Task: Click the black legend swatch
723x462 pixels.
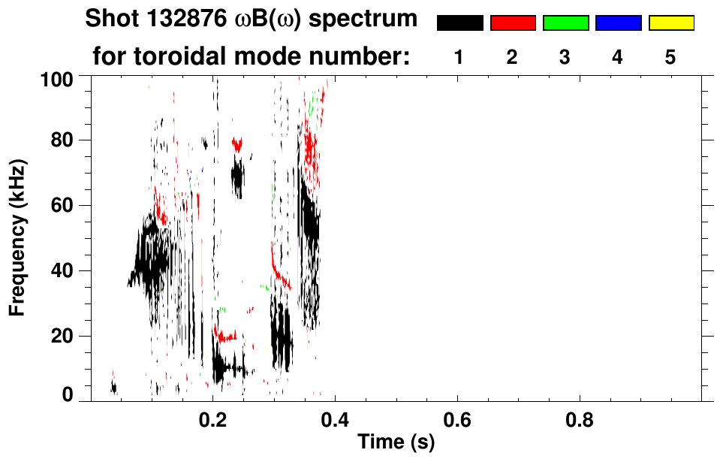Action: click(x=459, y=23)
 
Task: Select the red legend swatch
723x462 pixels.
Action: click(x=513, y=23)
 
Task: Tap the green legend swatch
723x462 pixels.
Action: click(x=565, y=23)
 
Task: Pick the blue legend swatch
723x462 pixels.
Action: click(x=618, y=23)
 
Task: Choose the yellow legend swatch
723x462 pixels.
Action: click(x=670, y=23)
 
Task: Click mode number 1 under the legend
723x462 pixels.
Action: click(x=459, y=58)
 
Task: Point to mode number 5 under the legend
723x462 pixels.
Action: click(x=670, y=58)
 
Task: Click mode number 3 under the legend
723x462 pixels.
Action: click(x=565, y=58)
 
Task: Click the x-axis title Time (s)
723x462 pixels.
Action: click(x=396, y=442)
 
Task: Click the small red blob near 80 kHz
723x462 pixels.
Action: click(x=238, y=144)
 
